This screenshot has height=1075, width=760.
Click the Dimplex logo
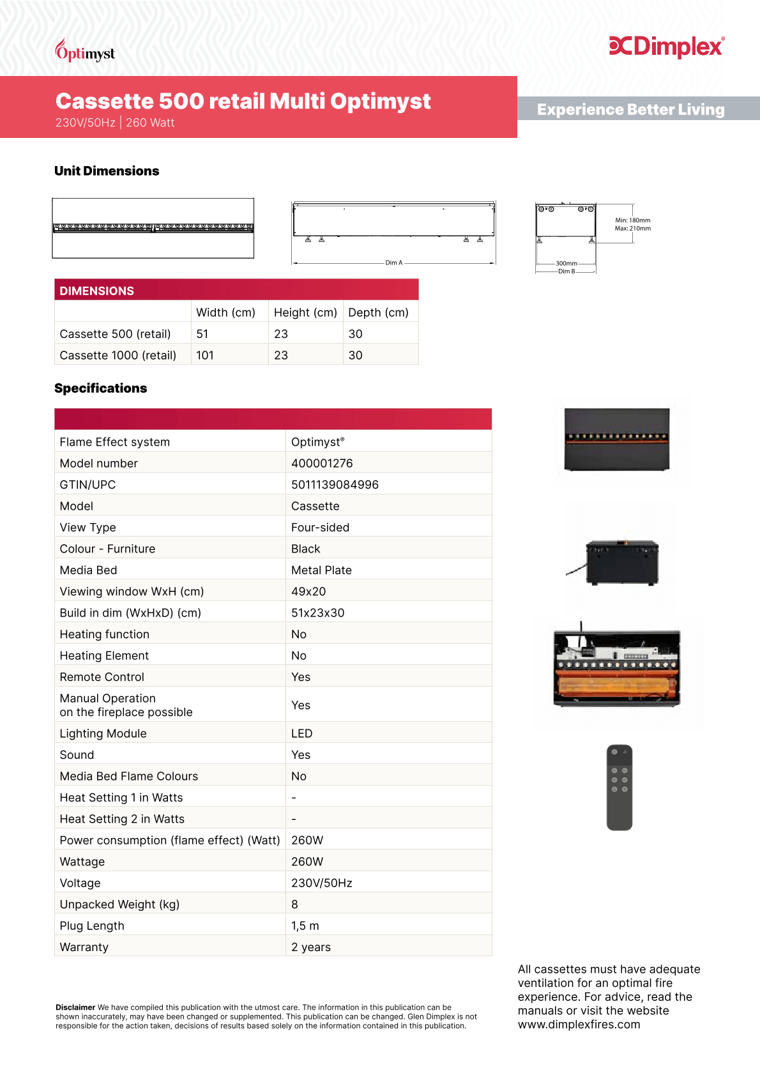666,47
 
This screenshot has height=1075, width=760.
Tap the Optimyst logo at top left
85,52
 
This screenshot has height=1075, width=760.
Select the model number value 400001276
322,463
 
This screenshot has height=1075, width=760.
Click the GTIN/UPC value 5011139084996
335,485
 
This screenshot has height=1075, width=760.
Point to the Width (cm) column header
225,312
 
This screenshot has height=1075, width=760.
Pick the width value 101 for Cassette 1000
205,355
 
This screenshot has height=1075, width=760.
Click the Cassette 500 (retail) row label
115,334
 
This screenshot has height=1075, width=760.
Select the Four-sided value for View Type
320,528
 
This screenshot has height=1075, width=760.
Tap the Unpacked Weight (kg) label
119,904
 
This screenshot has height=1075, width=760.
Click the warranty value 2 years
311,947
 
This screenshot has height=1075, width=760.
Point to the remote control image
619,788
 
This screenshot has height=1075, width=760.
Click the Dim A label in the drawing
394,263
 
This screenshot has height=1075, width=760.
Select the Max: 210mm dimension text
633,229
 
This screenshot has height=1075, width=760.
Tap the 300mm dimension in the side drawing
566,263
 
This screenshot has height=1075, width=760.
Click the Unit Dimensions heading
107,171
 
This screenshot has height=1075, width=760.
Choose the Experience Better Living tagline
630,110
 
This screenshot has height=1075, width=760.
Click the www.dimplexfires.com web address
579,1025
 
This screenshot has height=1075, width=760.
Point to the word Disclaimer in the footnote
75,1007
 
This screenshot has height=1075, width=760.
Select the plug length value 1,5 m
305,926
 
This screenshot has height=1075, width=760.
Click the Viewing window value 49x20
308,591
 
